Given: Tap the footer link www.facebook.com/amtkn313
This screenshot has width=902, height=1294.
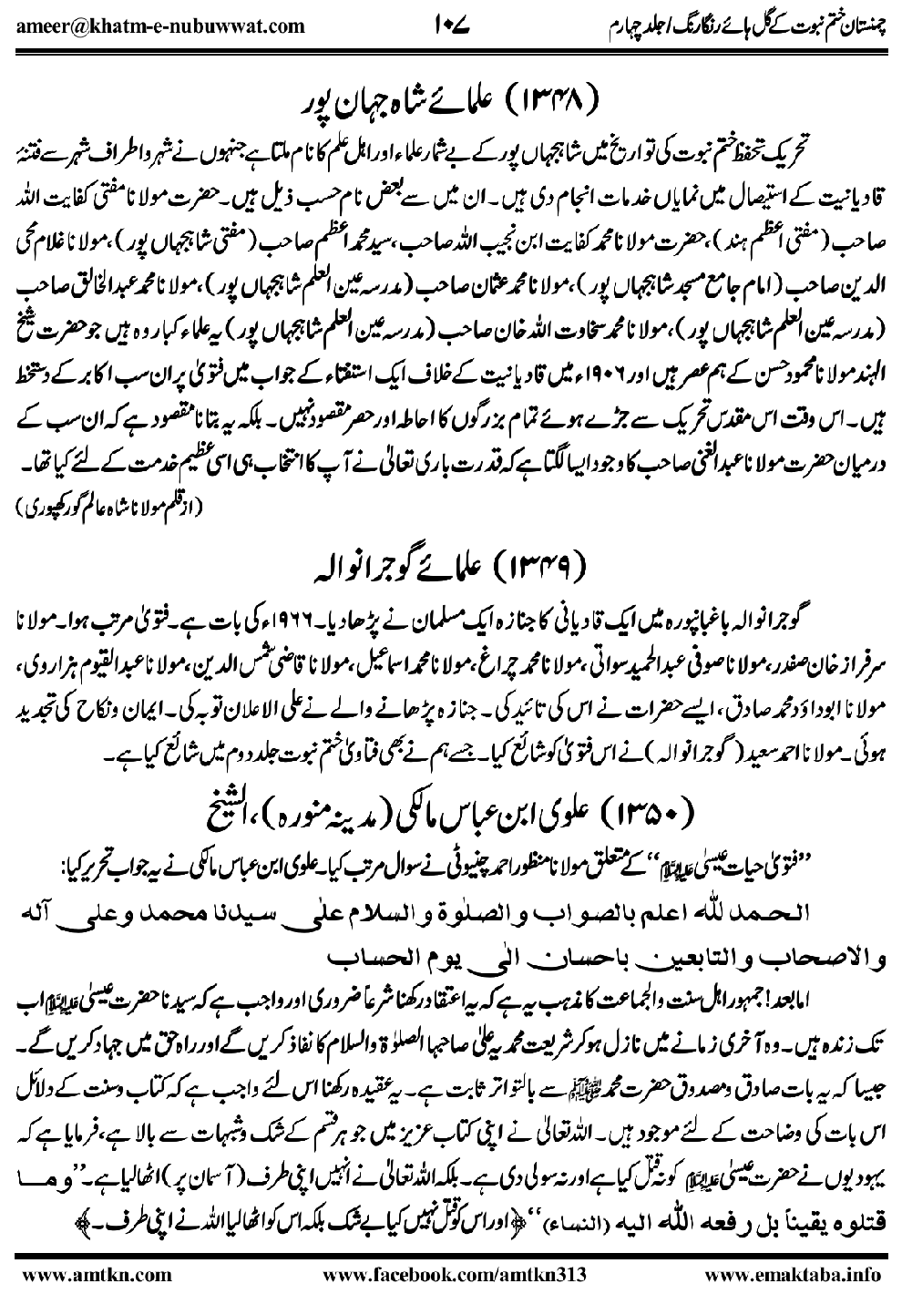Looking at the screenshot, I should click(x=448, y=1273).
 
